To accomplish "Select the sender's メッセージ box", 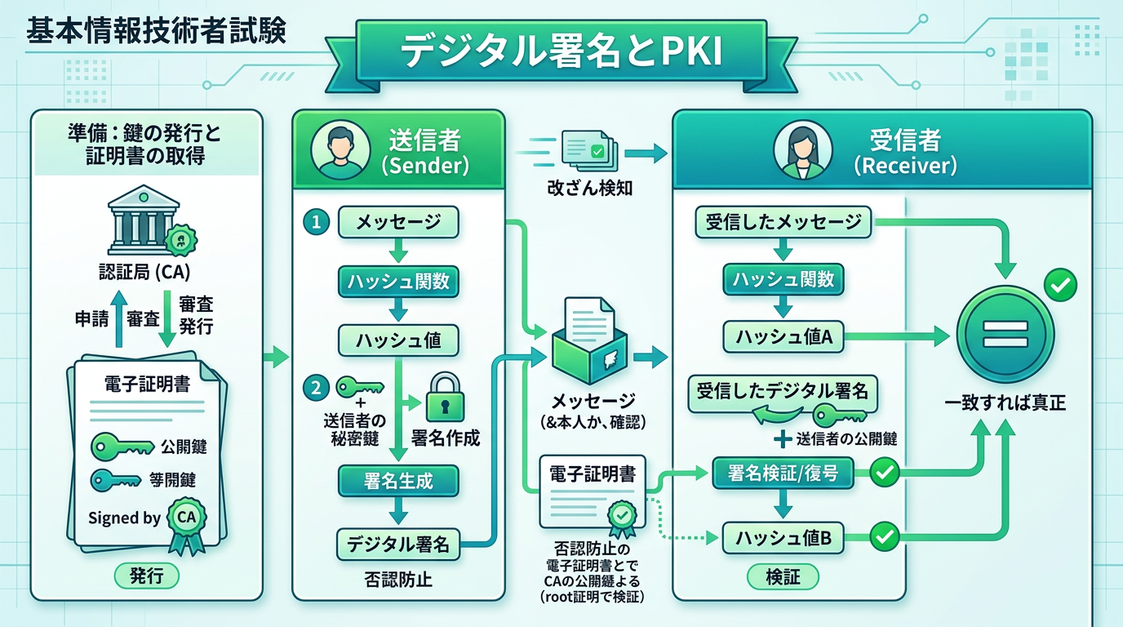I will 397,222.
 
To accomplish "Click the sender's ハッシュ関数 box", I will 398,282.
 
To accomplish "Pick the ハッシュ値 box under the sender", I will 397,340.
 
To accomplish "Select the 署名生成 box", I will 398,481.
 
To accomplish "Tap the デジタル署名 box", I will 398,544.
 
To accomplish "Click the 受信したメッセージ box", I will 783,222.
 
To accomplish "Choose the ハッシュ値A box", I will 783,336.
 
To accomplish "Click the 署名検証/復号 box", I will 783,473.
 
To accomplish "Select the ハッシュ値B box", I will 783,538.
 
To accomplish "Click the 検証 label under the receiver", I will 783,577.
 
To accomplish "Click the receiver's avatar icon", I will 802,150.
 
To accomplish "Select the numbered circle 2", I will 315,387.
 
